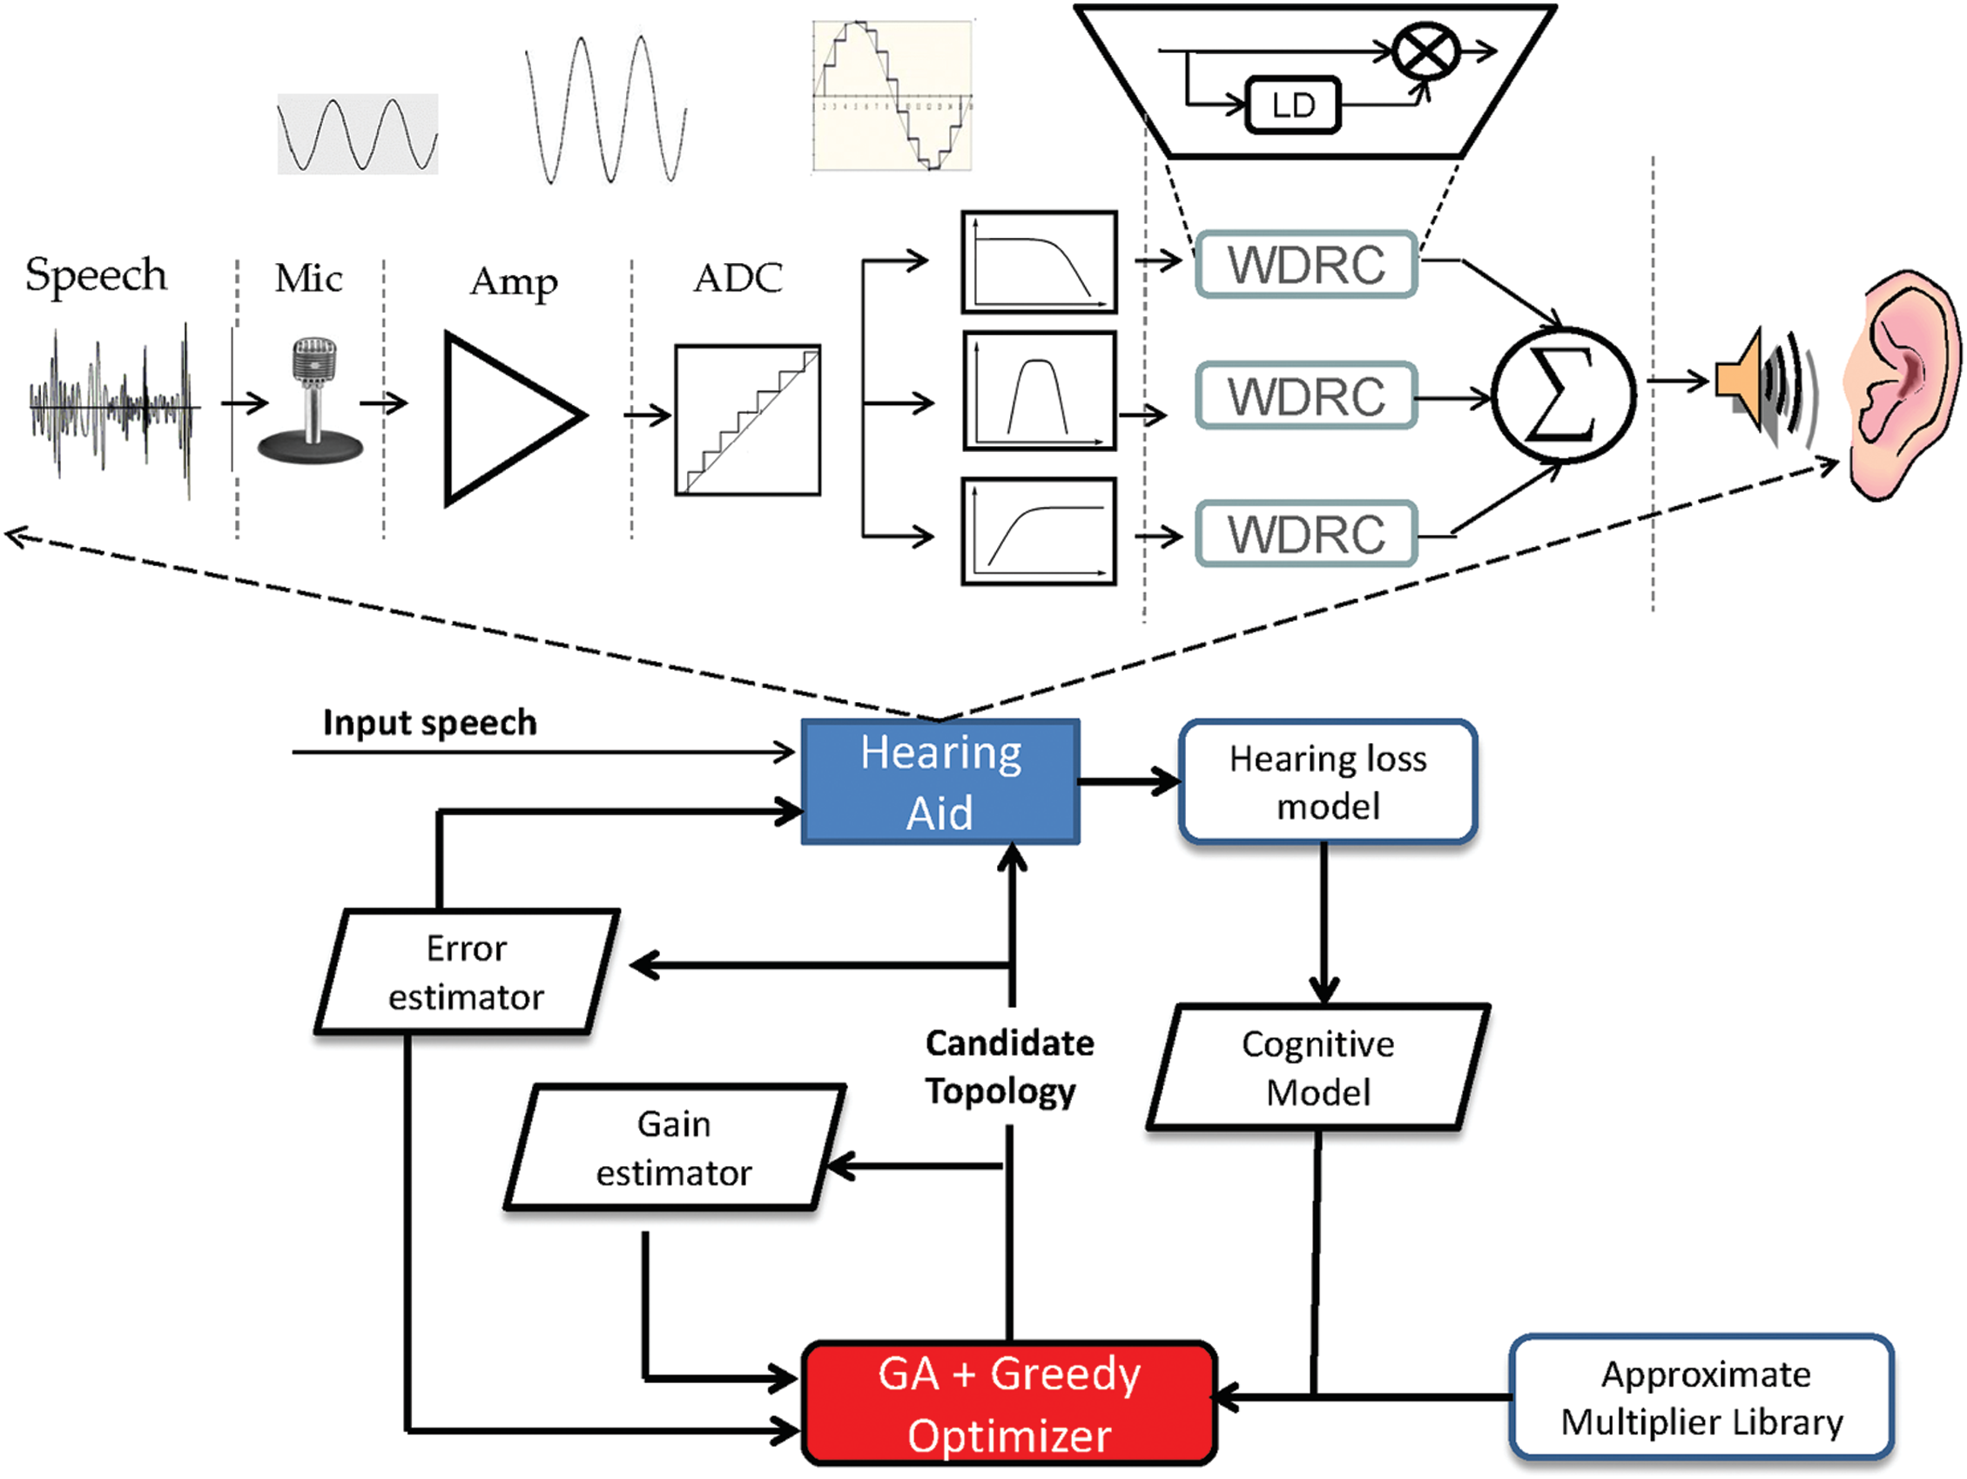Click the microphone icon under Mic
pyautogui.click(x=311, y=400)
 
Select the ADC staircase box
pyautogui.click(x=747, y=420)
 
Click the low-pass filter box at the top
pyautogui.click(x=1039, y=261)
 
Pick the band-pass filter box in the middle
pyautogui.click(x=1039, y=391)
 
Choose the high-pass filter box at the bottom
pyautogui.click(x=1039, y=532)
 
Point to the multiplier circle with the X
pyautogui.click(x=1425, y=51)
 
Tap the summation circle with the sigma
pyautogui.click(x=1562, y=393)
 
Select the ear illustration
pyautogui.click(x=1903, y=387)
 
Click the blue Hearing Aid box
pyautogui.click(x=940, y=781)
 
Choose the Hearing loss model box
pyautogui.click(x=1328, y=781)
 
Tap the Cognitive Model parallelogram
pyautogui.click(x=1317, y=1067)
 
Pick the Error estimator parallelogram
pyautogui.click(x=467, y=972)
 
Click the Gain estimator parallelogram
pyautogui.click(x=674, y=1147)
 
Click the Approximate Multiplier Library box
pyautogui.click(x=1701, y=1397)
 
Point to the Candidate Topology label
pyautogui.click(x=1008, y=1066)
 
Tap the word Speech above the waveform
pyautogui.click(x=96, y=276)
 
